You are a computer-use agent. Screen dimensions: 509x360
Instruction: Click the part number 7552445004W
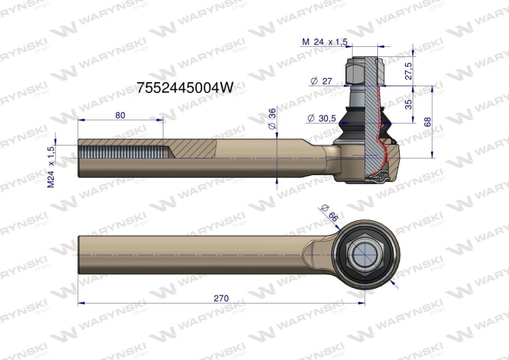(x=185, y=88)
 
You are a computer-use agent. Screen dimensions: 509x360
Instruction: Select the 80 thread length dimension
(x=120, y=115)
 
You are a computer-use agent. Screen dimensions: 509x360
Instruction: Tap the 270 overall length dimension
(x=221, y=298)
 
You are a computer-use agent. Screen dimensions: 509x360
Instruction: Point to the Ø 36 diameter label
(x=272, y=118)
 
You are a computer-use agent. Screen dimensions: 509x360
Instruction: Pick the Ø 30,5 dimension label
(x=322, y=118)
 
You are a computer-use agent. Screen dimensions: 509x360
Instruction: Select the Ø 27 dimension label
(x=322, y=81)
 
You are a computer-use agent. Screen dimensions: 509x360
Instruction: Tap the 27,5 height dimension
(x=409, y=71)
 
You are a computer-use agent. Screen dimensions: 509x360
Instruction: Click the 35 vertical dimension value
(x=409, y=105)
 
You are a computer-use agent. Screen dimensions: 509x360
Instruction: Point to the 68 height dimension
(x=428, y=122)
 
